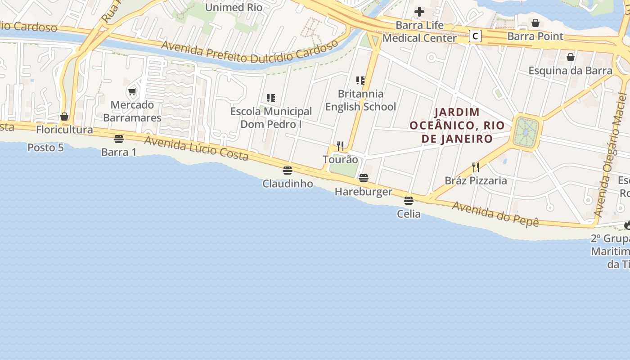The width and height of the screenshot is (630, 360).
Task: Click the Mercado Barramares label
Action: click(x=132, y=111)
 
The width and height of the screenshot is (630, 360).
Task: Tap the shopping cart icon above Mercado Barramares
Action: click(x=132, y=92)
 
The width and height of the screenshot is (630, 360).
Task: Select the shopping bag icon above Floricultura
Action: click(x=64, y=117)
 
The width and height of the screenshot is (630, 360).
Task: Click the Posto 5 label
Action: click(x=45, y=148)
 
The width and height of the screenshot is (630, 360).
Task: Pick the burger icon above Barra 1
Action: click(x=119, y=139)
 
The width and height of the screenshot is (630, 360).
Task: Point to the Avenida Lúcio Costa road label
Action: click(x=196, y=148)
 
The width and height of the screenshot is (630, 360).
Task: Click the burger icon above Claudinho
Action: click(x=288, y=171)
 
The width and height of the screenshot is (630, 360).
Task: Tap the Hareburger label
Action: click(x=363, y=192)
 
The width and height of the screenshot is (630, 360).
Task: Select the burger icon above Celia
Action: click(x=409, y=200)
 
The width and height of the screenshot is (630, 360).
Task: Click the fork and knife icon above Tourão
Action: click(x=340, y=146)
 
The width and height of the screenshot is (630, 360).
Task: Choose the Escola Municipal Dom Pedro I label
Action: click(x=271, y=117)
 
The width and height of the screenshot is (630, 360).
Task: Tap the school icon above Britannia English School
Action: click(x=360, y=81)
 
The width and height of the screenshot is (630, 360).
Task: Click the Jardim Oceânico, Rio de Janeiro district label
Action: click(x=457, y=125)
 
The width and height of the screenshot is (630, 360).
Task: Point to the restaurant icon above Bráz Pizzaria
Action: click(x=476, y=167)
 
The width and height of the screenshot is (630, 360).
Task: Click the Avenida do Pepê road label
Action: click(x=495, y=213)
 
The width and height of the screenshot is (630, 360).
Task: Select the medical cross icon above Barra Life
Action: click(x=419, y=12)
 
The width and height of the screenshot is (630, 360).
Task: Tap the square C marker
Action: click(x=475, y=36)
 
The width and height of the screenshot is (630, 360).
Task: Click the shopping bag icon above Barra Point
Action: click(x=535, y=23)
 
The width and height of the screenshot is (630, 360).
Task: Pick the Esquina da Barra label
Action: click(x=570, y=71)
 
